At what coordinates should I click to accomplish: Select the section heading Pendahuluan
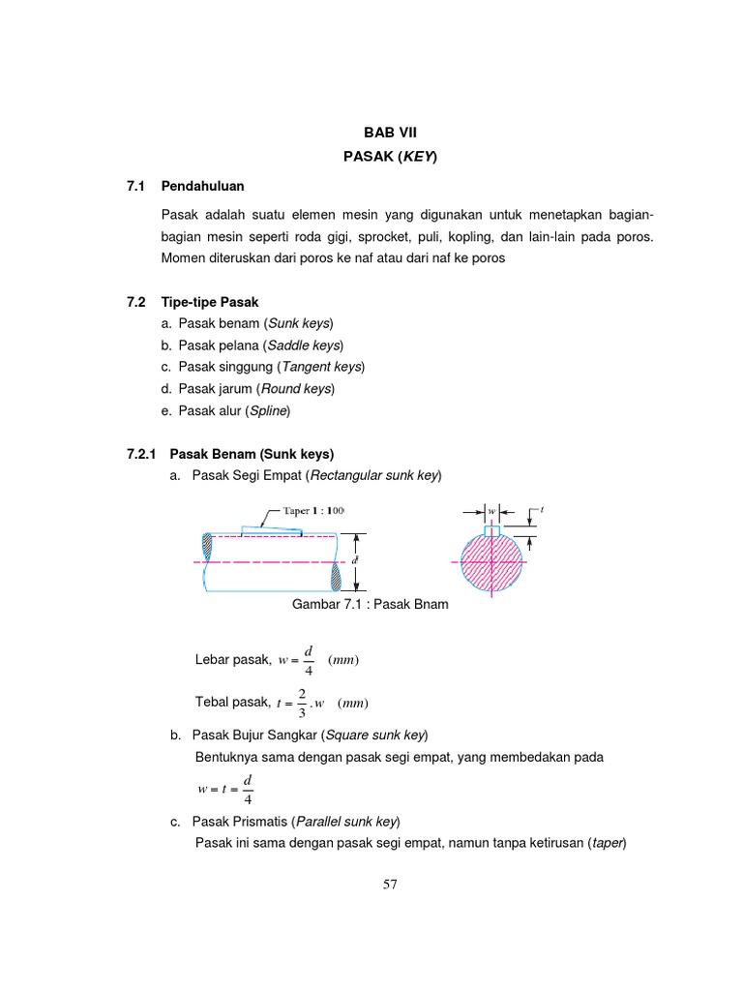(x=203, y=185)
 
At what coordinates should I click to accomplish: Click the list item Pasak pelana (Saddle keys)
(x=253, y=345)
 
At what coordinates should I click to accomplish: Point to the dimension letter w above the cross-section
(x=491, y=509)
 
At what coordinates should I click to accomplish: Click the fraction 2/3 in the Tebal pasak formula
(x=302, y=702)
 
